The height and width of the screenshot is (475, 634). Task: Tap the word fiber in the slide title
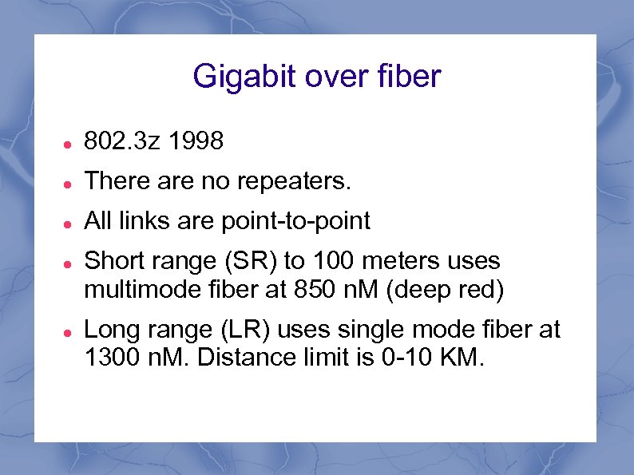tap(409, 77)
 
